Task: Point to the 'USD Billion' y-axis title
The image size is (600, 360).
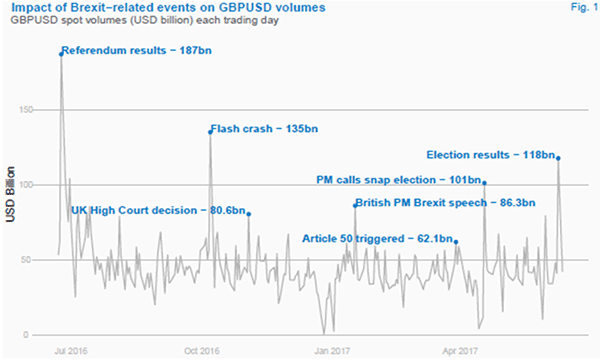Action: pos(11,191)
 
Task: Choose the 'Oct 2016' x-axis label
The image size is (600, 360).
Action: pos(203,351)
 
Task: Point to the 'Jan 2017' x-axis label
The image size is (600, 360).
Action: pos(332,351)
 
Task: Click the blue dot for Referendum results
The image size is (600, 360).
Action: pos(61,54)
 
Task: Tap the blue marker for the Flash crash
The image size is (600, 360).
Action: pos(210,132)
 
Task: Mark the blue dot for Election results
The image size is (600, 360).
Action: pos(558,158)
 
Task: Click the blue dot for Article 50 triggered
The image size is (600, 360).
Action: pos(456,242)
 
